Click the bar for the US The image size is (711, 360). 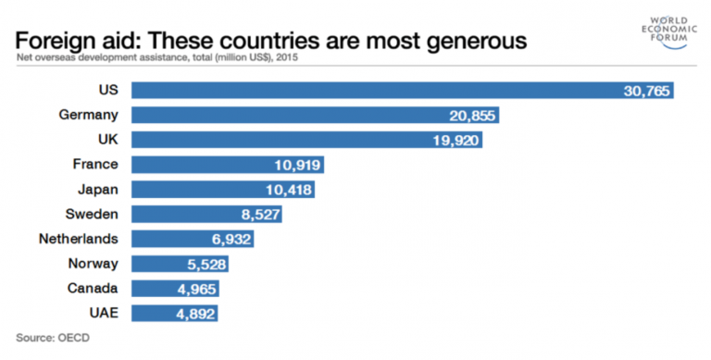(x=403, y=91)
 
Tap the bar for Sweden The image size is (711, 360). (x=206, y=215)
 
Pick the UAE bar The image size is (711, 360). (x=175, y=314)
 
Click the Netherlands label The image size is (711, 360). (x=78, y=240)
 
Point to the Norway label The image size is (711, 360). (x=94, y=265)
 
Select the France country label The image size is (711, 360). (x=95, y=165)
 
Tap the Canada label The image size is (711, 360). (x=93, y=289)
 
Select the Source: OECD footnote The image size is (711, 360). (x=53, y=338)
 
